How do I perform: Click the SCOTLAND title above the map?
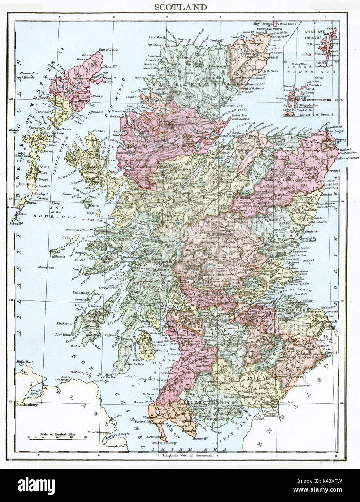pyautogui.click(x=181, y=7)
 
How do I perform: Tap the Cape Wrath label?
pyautogui.click(x=157, y=37)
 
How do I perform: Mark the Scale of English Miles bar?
pyautogui.click(x=58, y=437)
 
